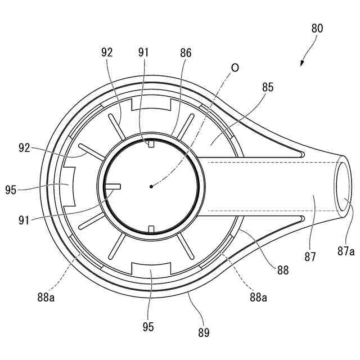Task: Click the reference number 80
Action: pos(317,28)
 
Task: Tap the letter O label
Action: pos(235,67)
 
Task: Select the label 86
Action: pos(186,53)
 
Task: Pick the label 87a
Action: pos(346,251)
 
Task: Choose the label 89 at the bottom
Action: pos(204,332)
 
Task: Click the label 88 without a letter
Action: pos(282,270)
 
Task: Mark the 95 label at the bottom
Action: pos(148,327)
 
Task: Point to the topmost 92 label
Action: pos(107,53)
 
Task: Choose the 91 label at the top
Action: pos(144,53)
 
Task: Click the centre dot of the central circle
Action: pos(151,186)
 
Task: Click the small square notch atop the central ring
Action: pos(151,145)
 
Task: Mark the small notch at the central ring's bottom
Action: pos(151,228)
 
